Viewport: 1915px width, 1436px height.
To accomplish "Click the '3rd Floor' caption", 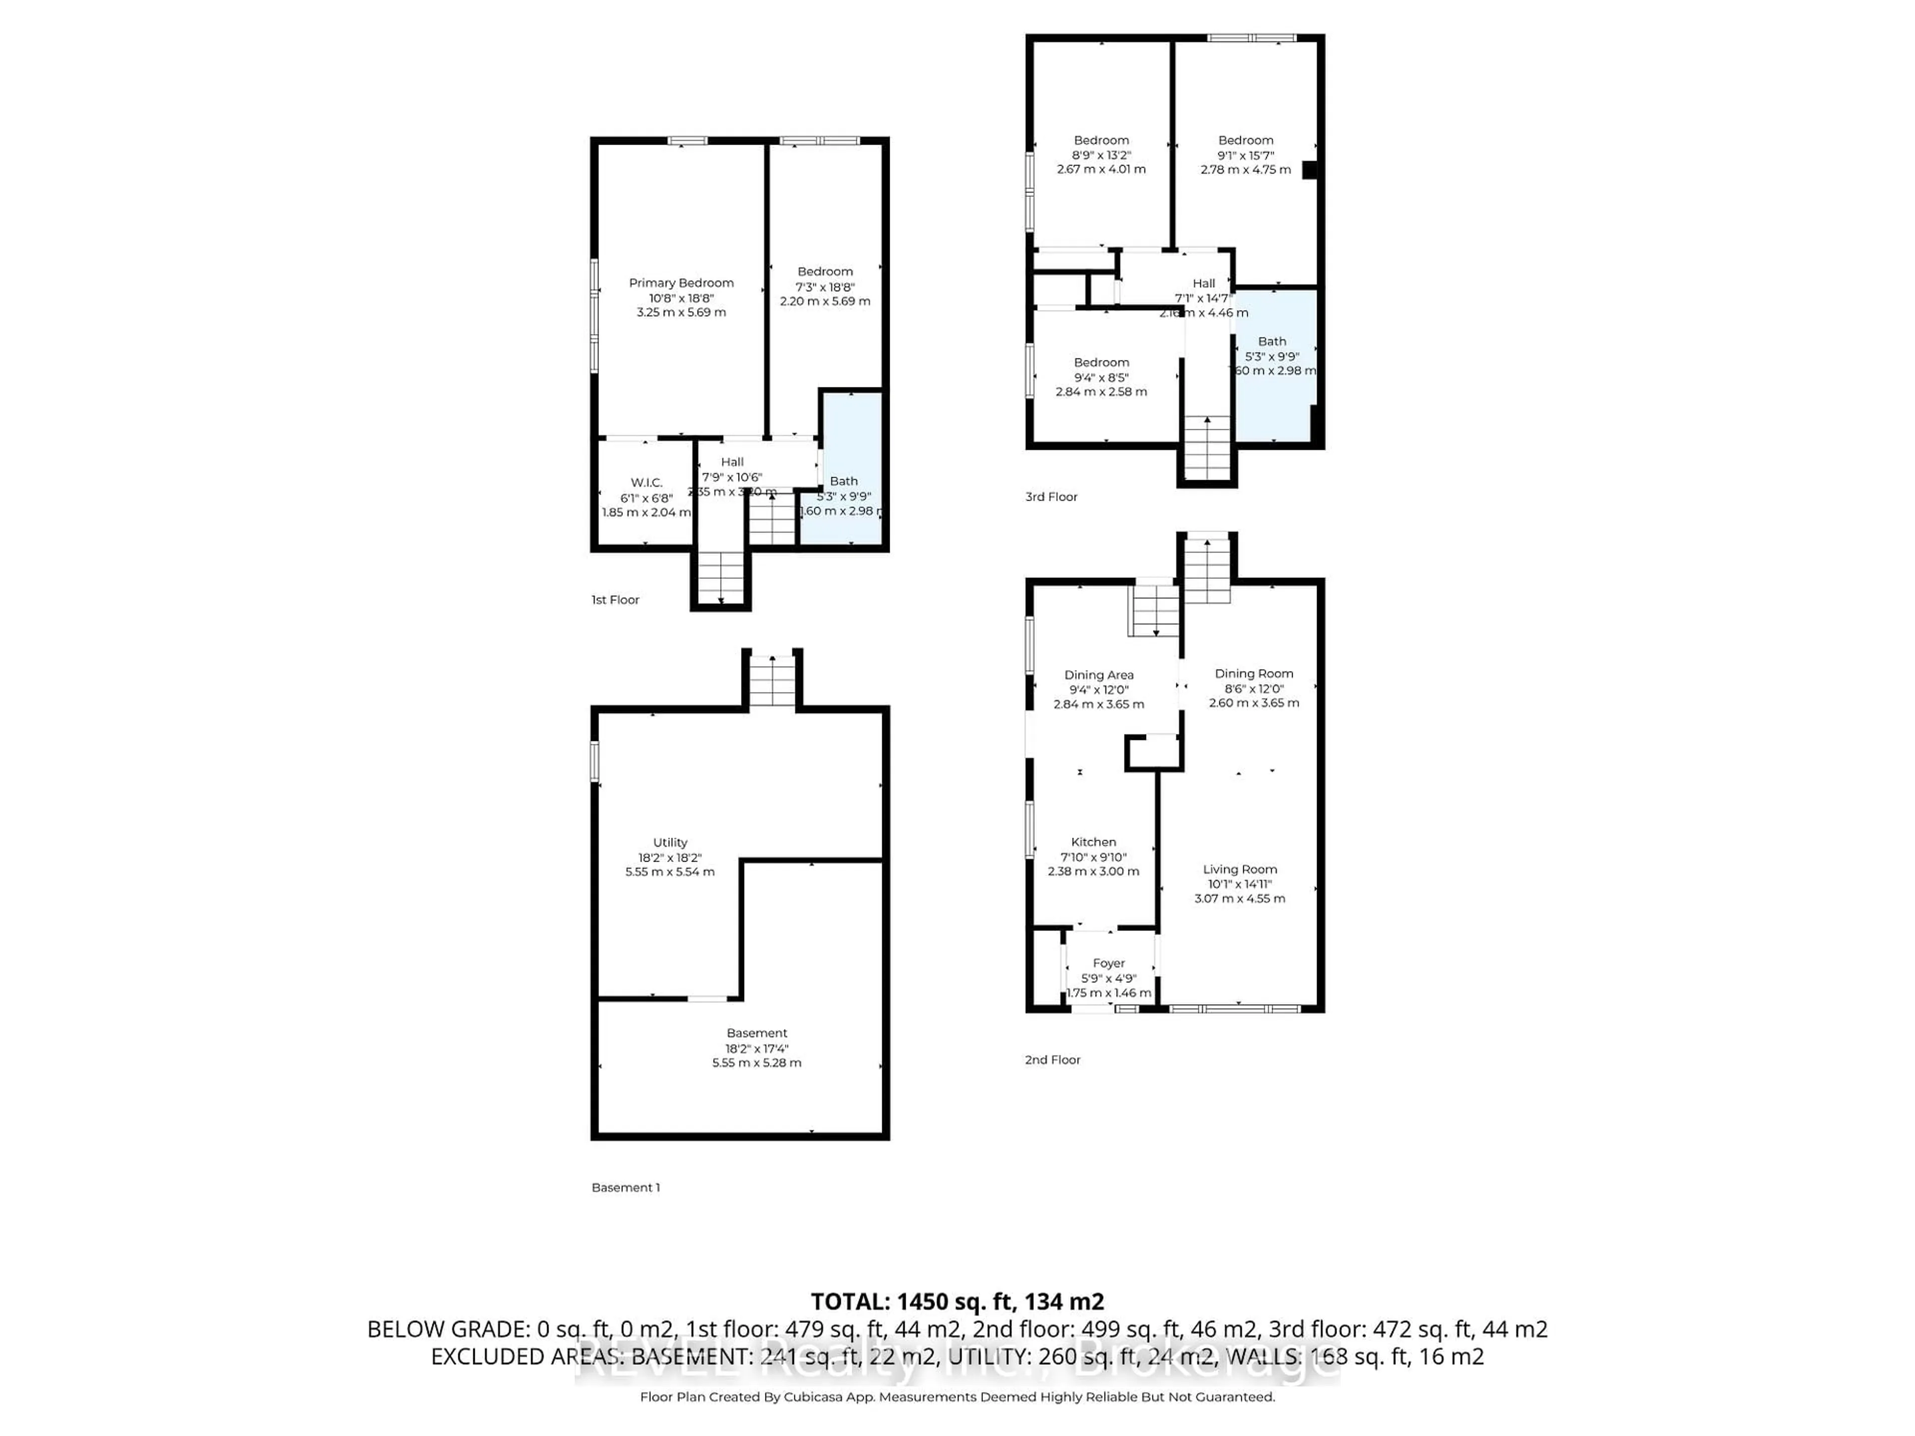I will (x=1051, y=497).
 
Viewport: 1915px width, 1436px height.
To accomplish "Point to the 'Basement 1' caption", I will (x=625, y=1188).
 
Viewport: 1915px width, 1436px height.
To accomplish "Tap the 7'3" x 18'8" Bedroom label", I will (x=824, y=272).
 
